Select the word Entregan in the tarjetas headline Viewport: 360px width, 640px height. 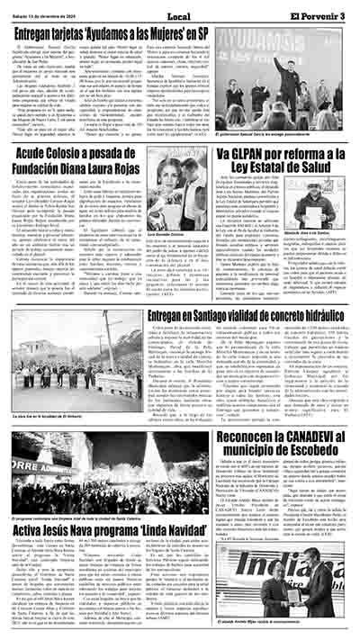click(43, 32)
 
